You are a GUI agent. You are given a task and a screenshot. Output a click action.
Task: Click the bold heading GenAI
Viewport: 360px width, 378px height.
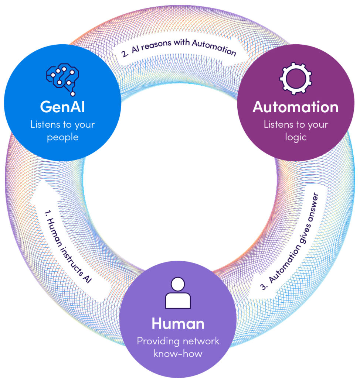63,107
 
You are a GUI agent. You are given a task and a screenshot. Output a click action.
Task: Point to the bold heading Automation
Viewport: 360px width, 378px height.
295,107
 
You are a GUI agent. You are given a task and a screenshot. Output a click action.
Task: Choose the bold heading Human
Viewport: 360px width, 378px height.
178,323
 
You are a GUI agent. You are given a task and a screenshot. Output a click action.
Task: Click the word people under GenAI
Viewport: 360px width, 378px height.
63,137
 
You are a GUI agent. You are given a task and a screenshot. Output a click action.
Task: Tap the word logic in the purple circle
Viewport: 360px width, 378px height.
295,137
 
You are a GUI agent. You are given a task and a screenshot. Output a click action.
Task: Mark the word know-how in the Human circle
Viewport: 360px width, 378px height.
178,353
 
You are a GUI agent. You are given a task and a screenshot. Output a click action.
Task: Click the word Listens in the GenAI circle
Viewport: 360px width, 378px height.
46,124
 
